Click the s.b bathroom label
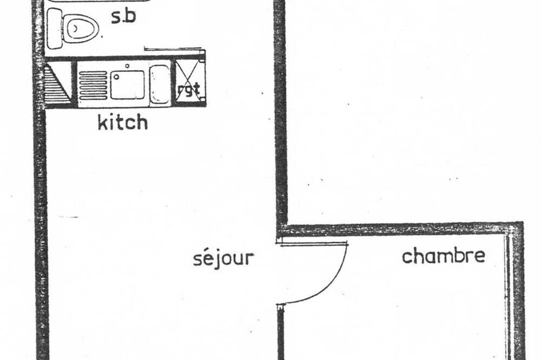pos(123,17)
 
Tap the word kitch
pos(123,122)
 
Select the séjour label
pos(223,258)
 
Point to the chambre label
pos(444,256)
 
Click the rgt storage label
pos(188,90)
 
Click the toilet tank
pos(54,28)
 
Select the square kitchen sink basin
pos(127,85)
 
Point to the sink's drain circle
pos(117,77)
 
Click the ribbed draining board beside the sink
pos(93,85)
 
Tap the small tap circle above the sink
pos(127,65)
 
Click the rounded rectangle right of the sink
pos(160,84)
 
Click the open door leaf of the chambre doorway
pos(314,244)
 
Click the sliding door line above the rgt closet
pos(173,49)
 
